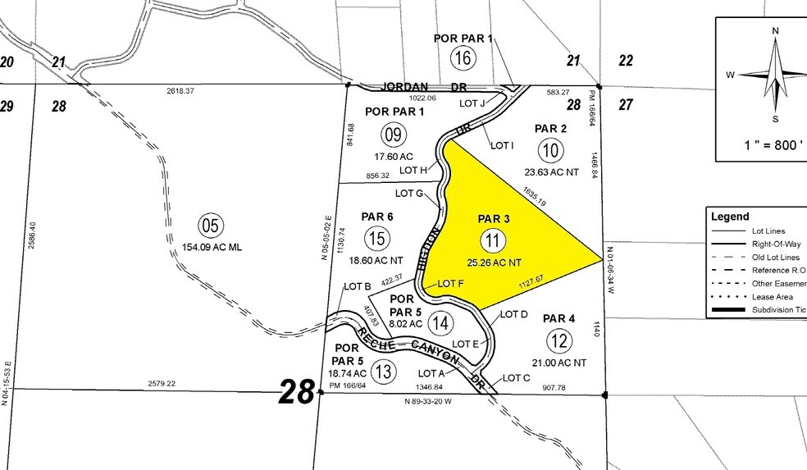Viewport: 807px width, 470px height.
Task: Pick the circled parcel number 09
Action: point(393,134)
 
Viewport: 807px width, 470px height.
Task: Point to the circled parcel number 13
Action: point(382,372)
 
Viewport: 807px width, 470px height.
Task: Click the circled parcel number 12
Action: point(559,340)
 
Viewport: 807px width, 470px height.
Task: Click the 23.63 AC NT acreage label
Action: point(550,171)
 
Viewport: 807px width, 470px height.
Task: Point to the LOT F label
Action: point(451,284)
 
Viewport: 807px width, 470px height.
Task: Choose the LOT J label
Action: point(473,103)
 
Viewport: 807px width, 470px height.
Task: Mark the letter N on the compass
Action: point(775,30)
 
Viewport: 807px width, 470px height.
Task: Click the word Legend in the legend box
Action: point(731,217)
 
